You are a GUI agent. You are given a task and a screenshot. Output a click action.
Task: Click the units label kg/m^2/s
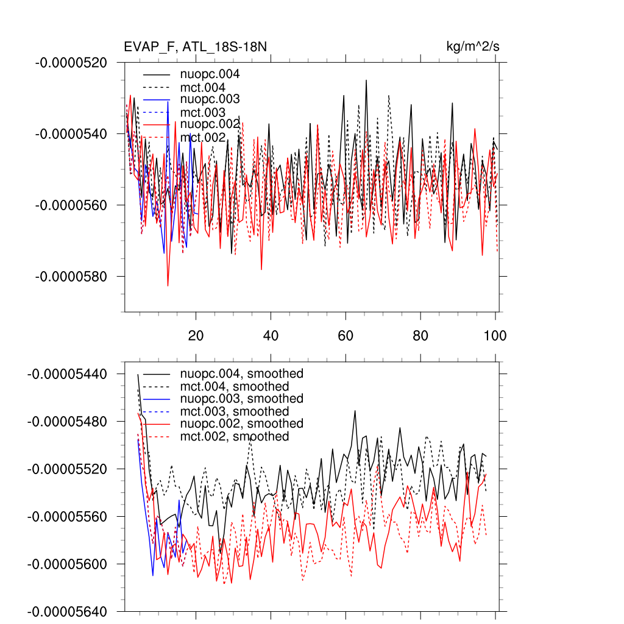click(473, 47)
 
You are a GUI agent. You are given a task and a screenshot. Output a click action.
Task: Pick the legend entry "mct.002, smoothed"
click(235, 436)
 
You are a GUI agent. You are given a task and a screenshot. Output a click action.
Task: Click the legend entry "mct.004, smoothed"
click(235, 386)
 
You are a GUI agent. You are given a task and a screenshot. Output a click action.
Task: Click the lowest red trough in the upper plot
click(168, 285)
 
